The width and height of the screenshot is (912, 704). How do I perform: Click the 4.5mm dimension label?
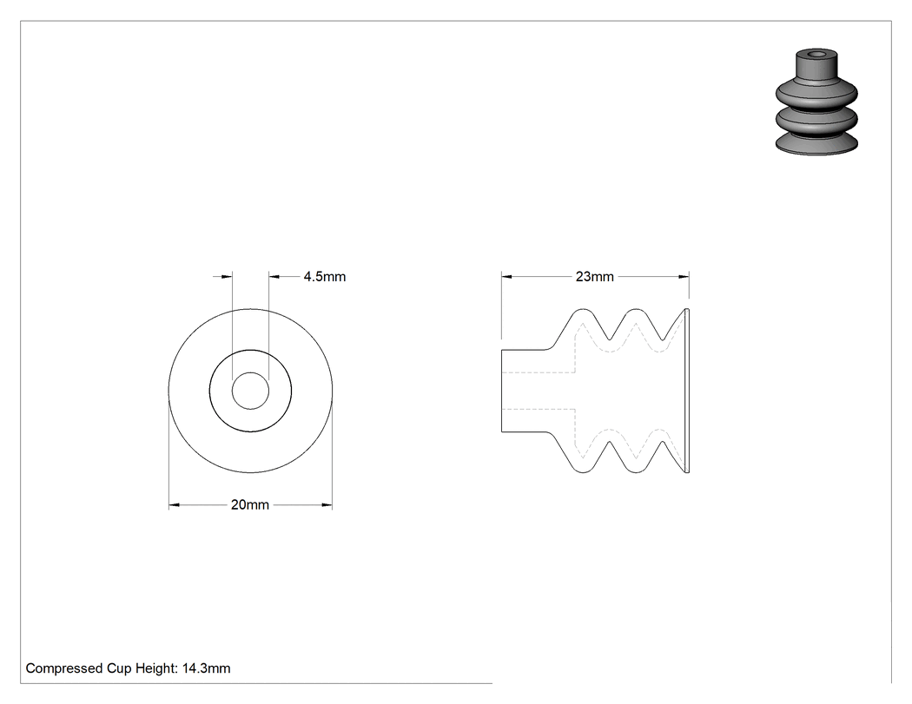click(x=325, y=277)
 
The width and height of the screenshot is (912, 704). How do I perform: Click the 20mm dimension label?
click(x=250, y=504)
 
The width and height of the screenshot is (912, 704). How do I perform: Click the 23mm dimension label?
click(x=594, y=277)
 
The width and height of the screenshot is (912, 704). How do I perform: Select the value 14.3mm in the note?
click(x=207, y=668)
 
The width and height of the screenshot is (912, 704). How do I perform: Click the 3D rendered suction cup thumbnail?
click(x=816, y=102)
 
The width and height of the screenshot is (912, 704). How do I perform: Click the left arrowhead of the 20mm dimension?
click(x=174, y=504)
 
